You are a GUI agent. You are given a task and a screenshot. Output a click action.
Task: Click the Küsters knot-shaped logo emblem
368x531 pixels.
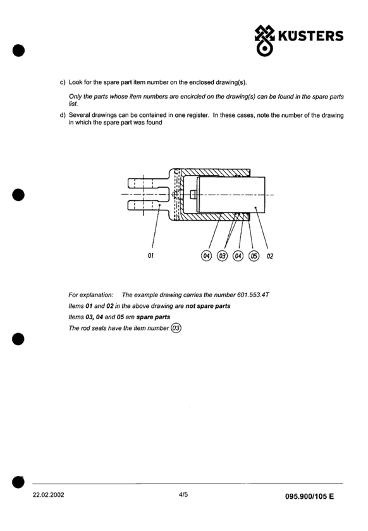[x=264, y=40]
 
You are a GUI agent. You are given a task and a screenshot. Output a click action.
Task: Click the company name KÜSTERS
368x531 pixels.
[x=310, y=36]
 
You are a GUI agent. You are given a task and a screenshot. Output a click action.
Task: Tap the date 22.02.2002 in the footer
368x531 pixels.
[x=49, y=495]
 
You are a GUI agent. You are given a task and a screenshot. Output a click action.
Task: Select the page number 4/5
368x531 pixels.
[x=183, y=494]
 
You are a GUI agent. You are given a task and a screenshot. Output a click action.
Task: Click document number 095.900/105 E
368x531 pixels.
[x=309, y=496]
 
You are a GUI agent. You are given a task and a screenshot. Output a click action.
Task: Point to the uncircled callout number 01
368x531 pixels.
[x=150, y=255]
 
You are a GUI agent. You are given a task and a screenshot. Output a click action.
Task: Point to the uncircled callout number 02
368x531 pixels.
[x=270, y=256]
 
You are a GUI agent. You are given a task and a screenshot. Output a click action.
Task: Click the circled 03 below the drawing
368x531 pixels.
[x=223, y=255]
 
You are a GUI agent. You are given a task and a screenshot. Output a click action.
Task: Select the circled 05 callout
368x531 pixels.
[x=254, y=255]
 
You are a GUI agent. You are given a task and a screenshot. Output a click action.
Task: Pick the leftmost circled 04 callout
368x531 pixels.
[x=206, y=255]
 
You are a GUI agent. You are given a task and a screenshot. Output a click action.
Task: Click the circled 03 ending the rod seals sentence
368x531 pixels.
[x=176, y=328]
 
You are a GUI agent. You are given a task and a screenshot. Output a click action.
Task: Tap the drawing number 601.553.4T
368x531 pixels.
[x=253, y=295]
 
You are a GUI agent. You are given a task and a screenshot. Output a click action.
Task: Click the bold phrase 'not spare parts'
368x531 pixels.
[x=208, y=306]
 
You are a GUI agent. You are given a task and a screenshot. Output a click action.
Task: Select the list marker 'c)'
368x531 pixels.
[x=63, y=82]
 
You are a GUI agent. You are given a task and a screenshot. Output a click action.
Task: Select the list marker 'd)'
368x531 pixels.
[x=63, y=115]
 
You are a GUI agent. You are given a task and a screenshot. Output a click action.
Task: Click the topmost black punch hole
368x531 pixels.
[x=18, y=51]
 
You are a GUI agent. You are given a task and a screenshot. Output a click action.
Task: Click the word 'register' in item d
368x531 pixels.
[x=197, y=116]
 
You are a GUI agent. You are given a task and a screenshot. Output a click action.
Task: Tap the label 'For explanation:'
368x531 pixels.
[x=91, y=295]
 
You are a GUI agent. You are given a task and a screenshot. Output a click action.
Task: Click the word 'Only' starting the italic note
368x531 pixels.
[x=75, y=97]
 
